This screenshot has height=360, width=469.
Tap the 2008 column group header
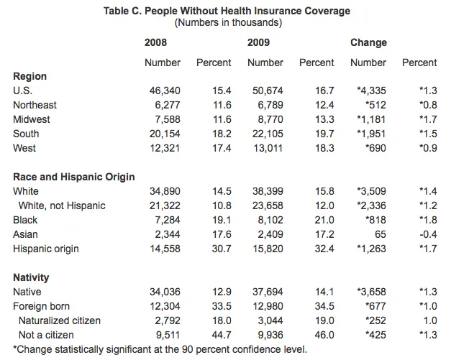click(156, 42)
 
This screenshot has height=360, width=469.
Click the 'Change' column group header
click(368, 42)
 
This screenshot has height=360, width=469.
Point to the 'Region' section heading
click(29, 76)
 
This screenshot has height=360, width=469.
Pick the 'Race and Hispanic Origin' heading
click(73, 177)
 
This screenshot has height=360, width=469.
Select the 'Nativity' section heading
click(31, 277)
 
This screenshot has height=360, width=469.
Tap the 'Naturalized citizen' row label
click(60, 320)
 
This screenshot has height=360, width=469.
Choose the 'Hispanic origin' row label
click(46, 249)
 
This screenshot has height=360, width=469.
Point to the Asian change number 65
click(381, 234)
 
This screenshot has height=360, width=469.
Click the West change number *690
click(373, 148)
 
